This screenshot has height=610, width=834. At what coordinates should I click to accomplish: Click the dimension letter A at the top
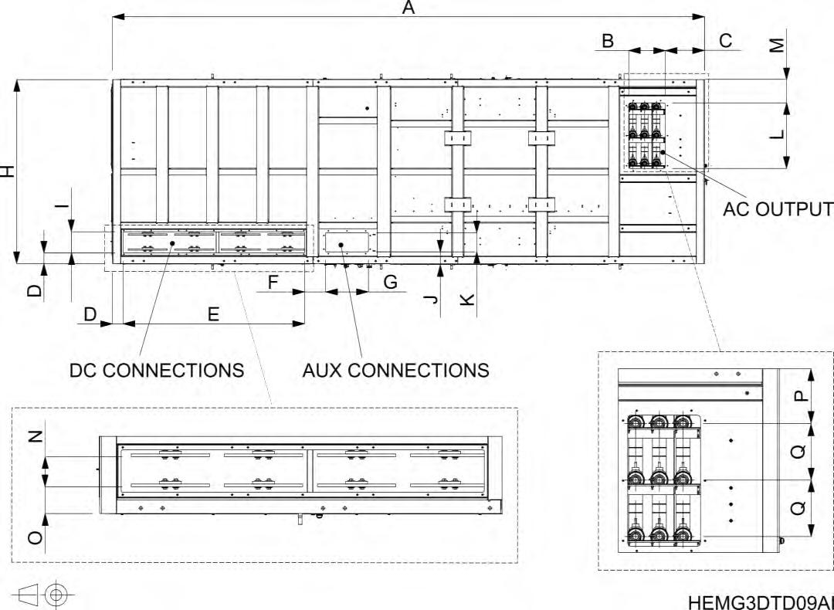click(x=409, y=8)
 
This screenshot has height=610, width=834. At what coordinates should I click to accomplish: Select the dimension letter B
click(x=608, y=41)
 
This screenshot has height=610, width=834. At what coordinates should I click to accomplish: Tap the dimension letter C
click(x=726, y=41)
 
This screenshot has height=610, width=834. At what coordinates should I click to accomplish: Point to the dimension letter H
click(x=8, y=171)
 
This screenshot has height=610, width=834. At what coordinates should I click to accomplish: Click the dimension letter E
click(x=213, y=314)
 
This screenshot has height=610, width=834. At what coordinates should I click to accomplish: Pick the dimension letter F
click(x=273, y=283)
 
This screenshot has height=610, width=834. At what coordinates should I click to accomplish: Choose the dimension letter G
click(x=391, y=283)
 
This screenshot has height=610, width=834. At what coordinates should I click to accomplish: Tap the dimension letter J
click(x=432, y=297)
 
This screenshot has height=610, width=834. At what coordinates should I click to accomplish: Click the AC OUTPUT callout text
click(x=778, y=209)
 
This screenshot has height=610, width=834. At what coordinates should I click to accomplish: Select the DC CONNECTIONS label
click(x=157, y=370)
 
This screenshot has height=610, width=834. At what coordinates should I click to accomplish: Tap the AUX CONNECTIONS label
click(x=395, y=370)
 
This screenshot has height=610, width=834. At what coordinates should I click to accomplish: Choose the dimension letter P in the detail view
click(x=801, y=395)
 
